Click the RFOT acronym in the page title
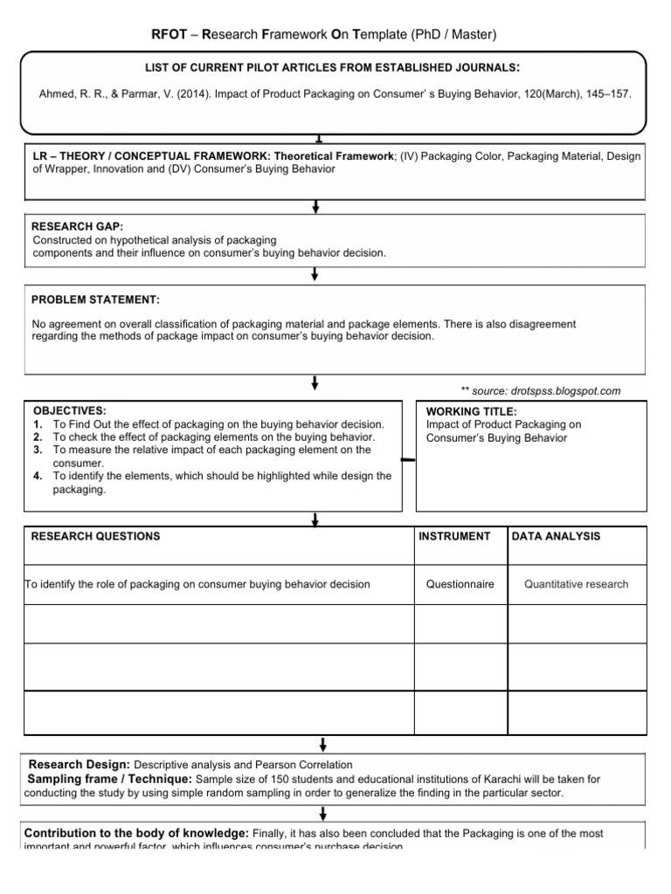[170, 34]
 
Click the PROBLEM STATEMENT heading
[95, 299]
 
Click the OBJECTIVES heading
[69, 410]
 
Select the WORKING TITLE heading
[471, 411]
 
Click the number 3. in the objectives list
[38, 450]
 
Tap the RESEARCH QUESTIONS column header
[95, 536]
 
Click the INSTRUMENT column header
[455, 536]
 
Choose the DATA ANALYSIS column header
[556, 536]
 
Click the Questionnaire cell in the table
[460, 584]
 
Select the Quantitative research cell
[576, 584]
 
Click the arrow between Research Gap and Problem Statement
[315, 274]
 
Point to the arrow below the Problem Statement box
[315, 383]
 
